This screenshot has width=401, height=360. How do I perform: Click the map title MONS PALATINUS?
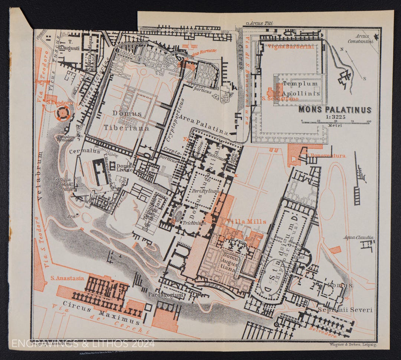click(x=335, y=110)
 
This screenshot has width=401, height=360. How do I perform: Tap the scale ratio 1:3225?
click(x=335, y=117)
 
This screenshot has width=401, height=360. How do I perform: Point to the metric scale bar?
click(x=336, y=121)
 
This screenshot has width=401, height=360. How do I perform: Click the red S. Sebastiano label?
click(x=276, y=99)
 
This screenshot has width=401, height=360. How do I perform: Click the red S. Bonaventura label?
click(x=326, y=156)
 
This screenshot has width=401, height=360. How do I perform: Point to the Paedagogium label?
click(x=166, y=295)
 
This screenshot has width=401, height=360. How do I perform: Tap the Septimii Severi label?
click(x=345, y=310)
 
